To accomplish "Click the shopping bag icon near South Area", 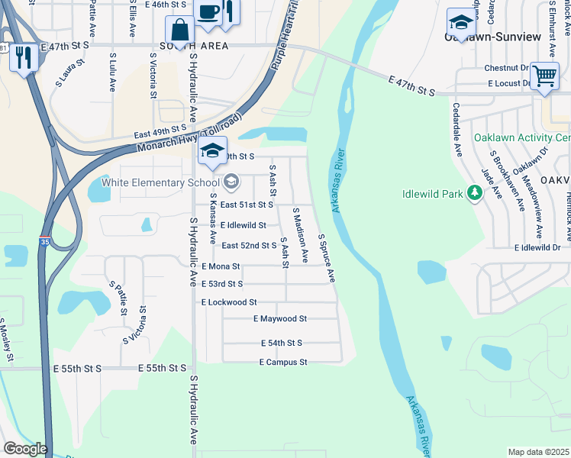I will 181,32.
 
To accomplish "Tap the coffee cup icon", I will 208,13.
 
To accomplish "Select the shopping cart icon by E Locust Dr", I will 544,76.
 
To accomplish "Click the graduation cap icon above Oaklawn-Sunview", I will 462,23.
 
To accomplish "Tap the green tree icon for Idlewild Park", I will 475,194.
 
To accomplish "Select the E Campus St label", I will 282,362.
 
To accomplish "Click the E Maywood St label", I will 280,318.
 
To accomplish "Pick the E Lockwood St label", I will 229,302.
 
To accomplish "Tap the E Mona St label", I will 221,266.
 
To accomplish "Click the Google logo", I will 25,449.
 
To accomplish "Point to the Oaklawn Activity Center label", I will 521,138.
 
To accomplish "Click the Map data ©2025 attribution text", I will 538,452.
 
